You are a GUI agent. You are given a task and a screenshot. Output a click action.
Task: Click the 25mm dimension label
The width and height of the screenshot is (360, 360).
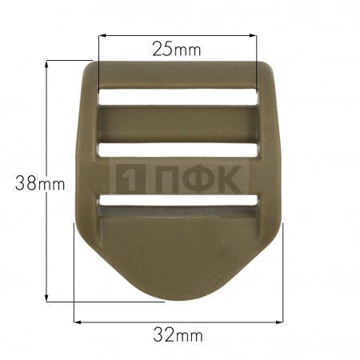click(177, 50)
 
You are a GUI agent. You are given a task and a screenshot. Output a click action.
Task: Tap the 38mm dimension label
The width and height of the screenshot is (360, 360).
click(40, 183)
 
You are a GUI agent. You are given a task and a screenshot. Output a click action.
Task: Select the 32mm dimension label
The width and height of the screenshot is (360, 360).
click(178, 335)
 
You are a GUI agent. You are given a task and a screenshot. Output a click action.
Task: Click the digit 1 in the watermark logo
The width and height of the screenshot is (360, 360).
click(130, 178)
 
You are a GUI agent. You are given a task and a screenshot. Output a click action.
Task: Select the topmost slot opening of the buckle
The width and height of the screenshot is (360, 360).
click(178, 97)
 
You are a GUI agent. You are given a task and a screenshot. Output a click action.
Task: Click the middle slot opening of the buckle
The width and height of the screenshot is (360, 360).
click(178, 150)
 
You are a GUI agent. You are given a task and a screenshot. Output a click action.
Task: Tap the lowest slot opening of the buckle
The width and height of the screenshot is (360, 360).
click(178, 201)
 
